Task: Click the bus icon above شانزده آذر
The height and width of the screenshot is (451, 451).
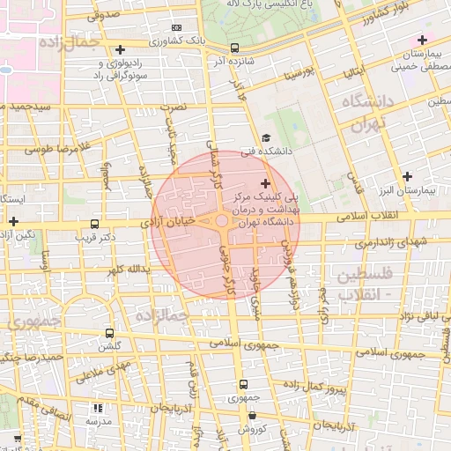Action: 233,48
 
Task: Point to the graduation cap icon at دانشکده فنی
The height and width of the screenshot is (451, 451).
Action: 266,137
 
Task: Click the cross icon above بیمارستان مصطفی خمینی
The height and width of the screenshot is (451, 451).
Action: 422,40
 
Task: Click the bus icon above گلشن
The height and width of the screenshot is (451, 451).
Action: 109,334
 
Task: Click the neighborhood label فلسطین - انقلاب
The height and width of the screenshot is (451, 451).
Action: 359,285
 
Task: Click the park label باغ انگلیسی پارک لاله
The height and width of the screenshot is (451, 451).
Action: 273,7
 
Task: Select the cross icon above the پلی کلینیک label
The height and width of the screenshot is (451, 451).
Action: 266,182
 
